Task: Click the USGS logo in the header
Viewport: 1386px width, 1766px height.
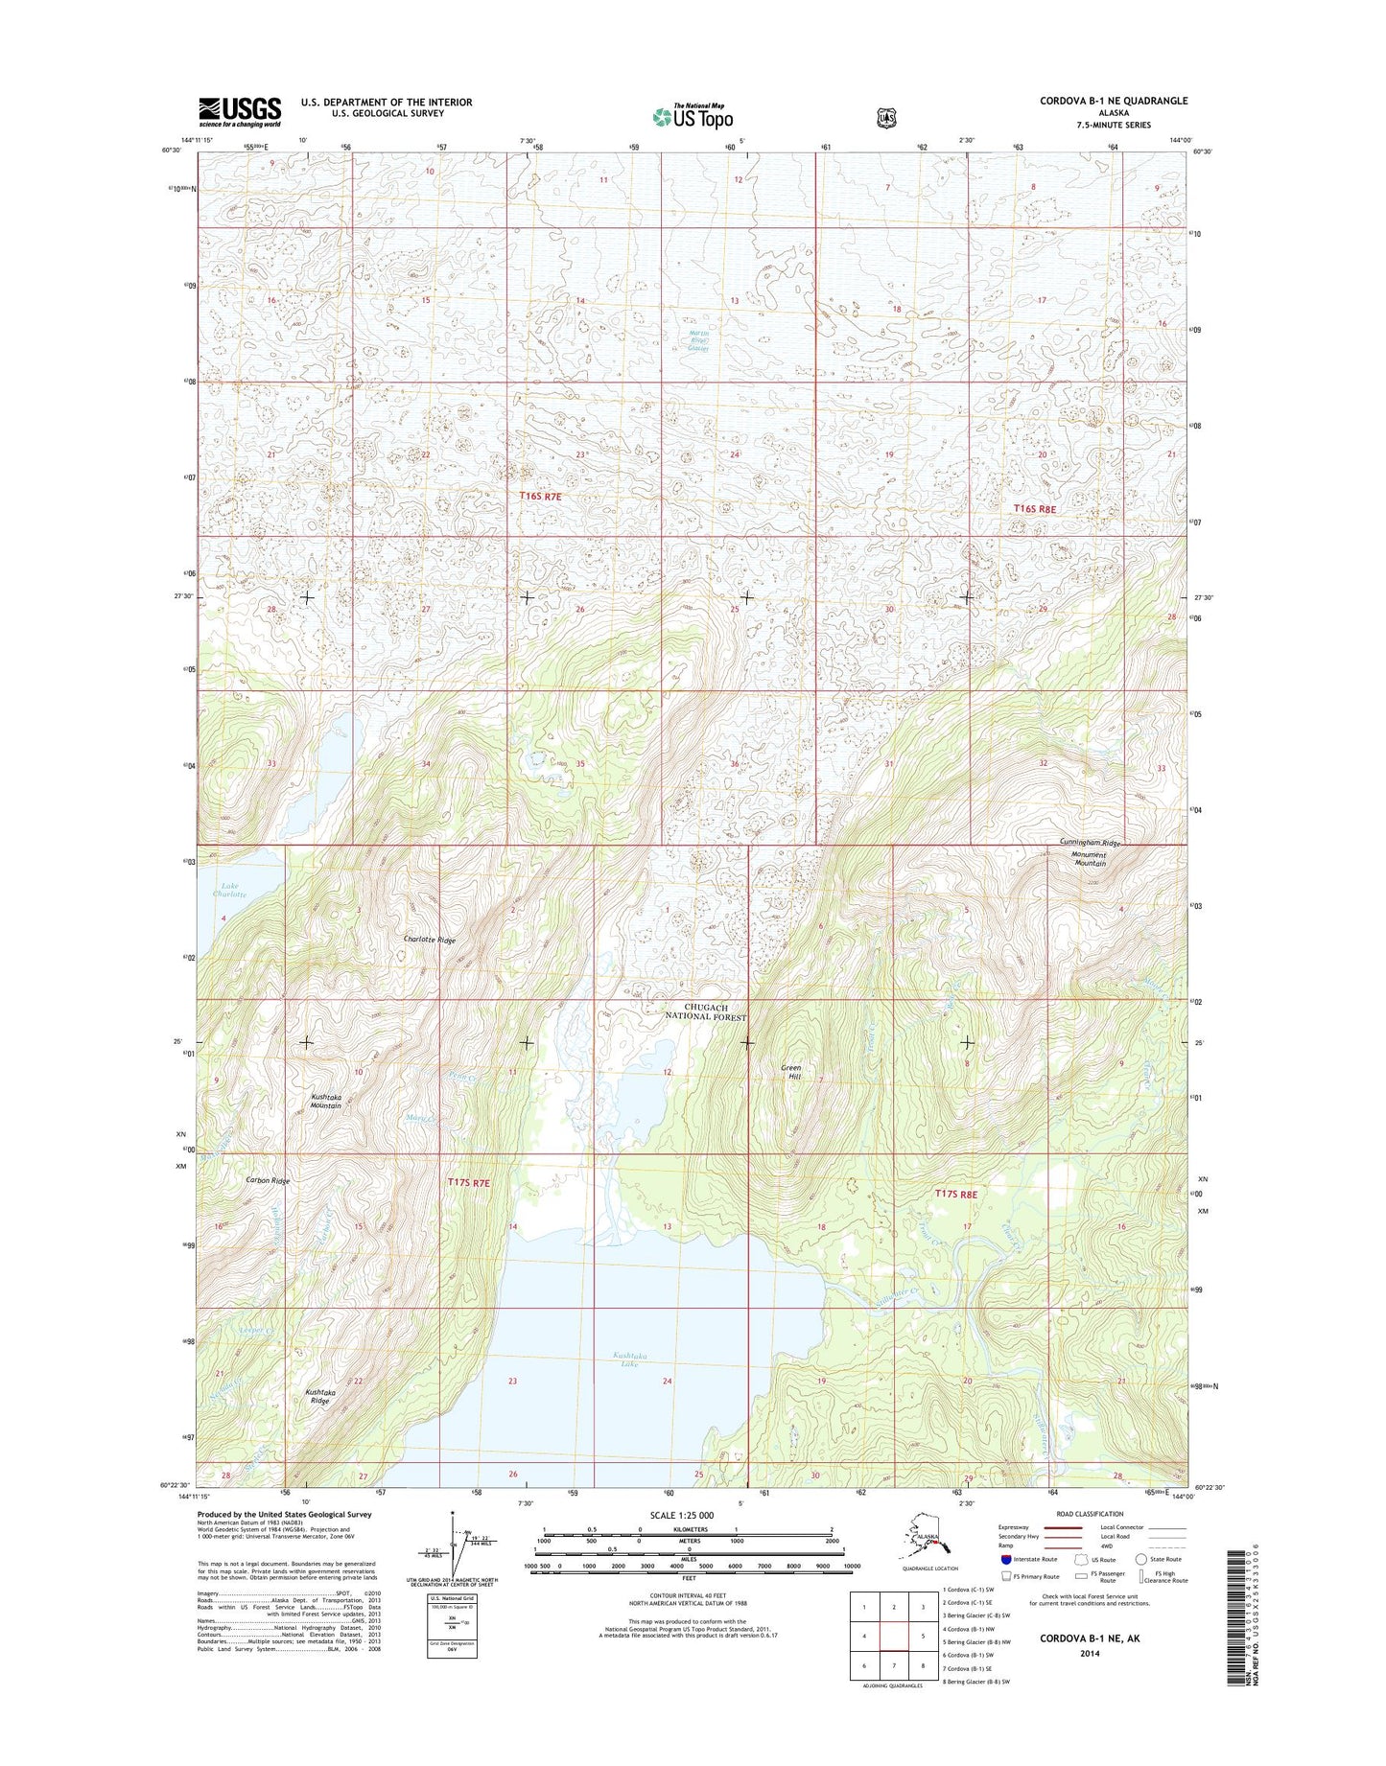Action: [240, 111]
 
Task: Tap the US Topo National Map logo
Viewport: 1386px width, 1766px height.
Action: [693, 116]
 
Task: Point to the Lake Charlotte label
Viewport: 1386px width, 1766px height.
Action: [229, 890]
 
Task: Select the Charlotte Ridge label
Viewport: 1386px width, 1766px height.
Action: [429, 941]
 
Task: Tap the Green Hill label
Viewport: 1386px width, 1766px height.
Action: [790, 1072]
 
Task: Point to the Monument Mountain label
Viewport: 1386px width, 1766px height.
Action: [1090, 859]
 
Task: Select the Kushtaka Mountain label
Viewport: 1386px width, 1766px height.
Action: [325, 1101]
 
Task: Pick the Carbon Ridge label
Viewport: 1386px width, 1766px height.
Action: [268, 1180]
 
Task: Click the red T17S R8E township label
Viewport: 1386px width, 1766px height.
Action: [955, 1194]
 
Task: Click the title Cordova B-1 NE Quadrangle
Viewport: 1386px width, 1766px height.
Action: [1113, 101]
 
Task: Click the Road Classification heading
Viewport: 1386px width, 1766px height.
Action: [1092, 1515]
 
